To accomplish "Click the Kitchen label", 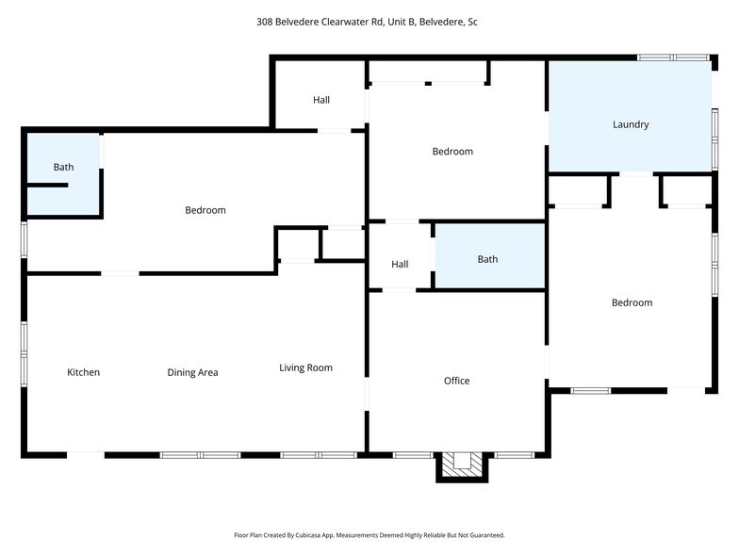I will [83, 372].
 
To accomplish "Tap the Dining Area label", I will [192, 372].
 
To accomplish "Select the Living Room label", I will [305, 367].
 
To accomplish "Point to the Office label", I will [456, 381].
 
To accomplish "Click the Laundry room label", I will [630, 124].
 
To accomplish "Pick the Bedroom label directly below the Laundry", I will [631, 302].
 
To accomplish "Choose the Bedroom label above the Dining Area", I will [205, 210].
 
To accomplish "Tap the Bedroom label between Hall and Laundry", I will [452, 152].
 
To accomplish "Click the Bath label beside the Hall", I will [487, 259].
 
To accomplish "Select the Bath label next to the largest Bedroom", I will [63, 168].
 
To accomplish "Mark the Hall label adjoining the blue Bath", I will [400, 265].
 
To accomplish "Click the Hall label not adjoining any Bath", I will [321, 100].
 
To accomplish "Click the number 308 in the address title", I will [266, 21].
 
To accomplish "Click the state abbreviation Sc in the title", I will [471, 21].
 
